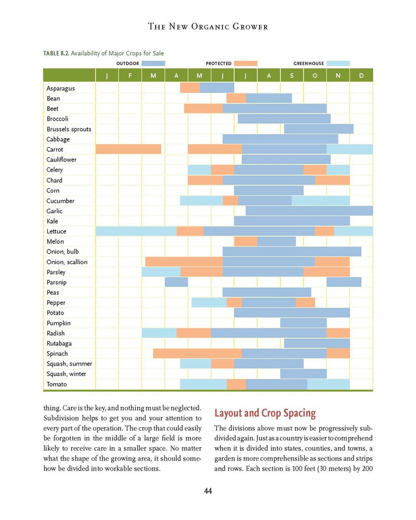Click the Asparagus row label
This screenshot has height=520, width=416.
[60, 88]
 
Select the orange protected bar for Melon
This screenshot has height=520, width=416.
[246, 241]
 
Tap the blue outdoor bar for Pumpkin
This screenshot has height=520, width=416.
[303, 323]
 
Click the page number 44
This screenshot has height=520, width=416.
[207, 491]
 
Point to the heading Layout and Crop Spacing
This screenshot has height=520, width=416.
[265, 413]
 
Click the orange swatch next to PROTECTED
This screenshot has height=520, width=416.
[245, 63]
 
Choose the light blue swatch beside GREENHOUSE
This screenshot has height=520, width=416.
[338, 63]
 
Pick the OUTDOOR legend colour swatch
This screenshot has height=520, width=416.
[153, 63]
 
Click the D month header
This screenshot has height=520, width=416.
[361, 76]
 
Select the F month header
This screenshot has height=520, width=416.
[130, 76]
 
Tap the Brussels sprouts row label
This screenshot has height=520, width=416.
[69, 129]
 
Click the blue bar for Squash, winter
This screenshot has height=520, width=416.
[303, 374]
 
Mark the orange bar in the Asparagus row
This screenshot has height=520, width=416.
[190, 88]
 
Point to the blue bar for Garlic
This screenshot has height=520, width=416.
[309, 211]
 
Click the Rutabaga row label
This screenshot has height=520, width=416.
[59, 343]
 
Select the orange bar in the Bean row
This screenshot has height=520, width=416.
[236, 98]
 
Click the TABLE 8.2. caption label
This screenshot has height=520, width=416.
[56, 53]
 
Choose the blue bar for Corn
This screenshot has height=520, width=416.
[268, 190]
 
